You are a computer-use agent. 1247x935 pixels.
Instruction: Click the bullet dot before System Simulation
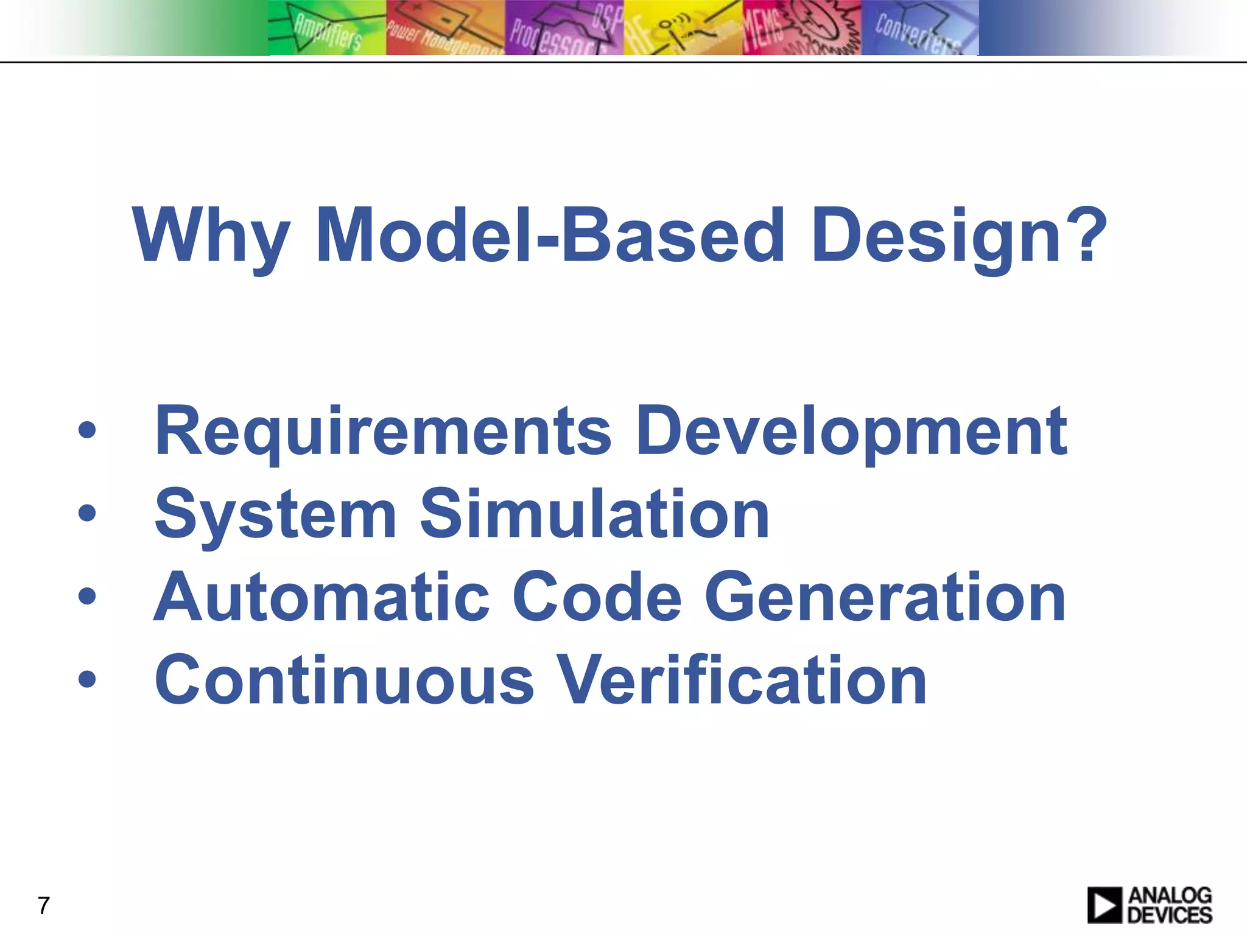click(x=87, y=513)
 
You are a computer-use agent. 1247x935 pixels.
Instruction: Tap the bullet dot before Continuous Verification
click(x=87, y=679)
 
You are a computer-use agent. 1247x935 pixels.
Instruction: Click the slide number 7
click(x=43, y=906)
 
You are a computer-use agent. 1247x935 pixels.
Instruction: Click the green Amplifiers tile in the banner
click(x=327, y=28)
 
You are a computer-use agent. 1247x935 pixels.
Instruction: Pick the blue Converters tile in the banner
click(x=919, y=28)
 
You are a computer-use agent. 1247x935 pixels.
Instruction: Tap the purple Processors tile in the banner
click(x=564, y=28)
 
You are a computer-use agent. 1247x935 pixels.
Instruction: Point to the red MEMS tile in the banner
click(x=801, y=28)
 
